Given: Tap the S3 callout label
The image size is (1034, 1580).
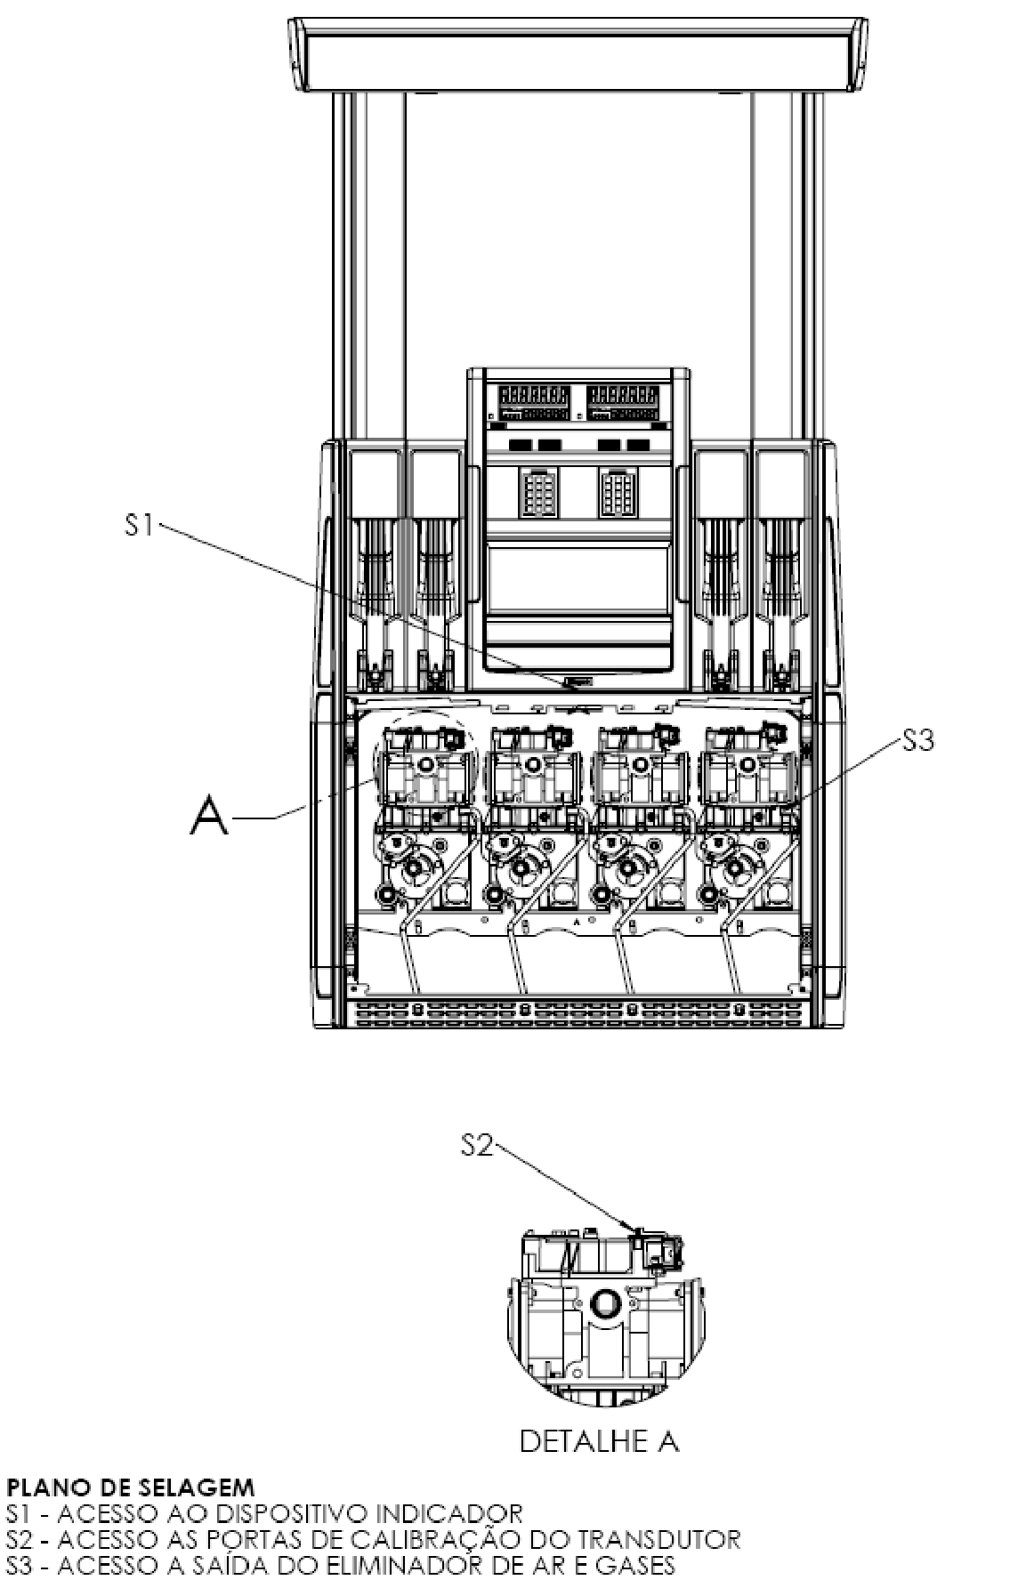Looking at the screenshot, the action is tap(919, 741).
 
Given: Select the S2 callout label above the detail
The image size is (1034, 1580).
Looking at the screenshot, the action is tap(478, 1147).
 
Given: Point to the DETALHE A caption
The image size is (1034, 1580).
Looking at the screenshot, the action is tap(599, 1442).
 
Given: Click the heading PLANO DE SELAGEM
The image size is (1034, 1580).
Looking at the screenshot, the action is tap(131, 1487).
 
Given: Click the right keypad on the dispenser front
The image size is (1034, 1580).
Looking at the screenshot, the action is tap(615, 490).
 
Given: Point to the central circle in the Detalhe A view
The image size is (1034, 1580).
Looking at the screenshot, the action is tap(606, 1303).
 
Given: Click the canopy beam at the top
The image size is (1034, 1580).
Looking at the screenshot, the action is tap(578, 53).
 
